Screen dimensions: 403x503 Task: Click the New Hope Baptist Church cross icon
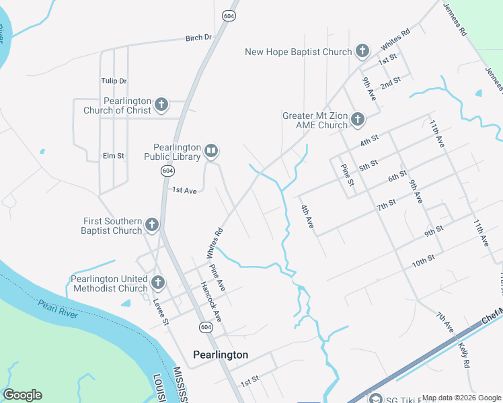point(362,51)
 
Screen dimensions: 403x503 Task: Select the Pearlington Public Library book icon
point(211,151)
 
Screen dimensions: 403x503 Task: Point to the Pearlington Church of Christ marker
point(161,105)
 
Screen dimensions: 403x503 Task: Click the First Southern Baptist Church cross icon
point(152,225)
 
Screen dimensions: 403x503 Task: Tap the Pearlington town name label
point(221,355)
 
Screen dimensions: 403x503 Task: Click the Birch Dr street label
point(198,38)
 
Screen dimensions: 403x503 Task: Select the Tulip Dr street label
point(114,81)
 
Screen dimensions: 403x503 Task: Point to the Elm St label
point(114,156)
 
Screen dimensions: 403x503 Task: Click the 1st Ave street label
point(184,191)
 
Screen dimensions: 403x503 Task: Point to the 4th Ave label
point(308,216)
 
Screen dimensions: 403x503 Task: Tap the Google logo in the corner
point(22,395)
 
